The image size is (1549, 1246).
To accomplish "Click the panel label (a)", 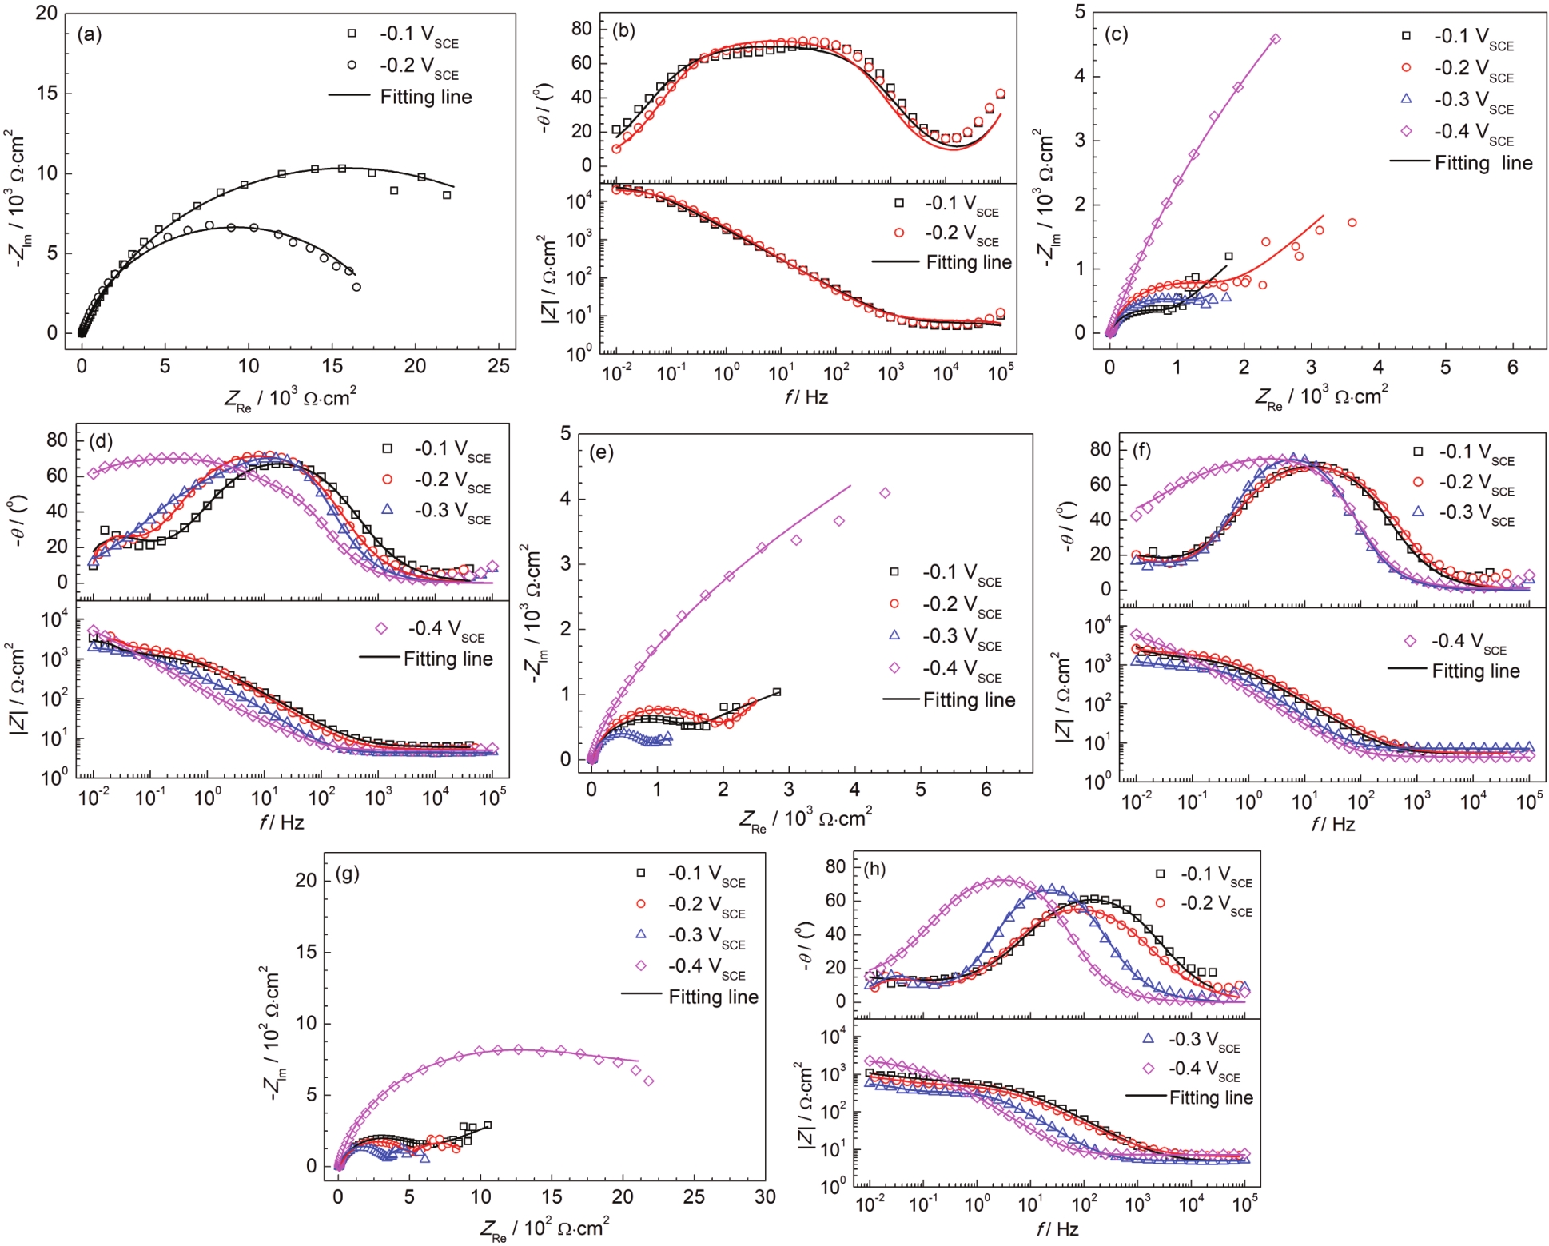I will coord(90,34).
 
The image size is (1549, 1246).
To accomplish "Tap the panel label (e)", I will coord(601,452).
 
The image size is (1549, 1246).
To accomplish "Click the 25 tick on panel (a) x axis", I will coord(499,366).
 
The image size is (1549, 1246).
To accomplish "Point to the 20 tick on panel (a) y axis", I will coord(46,14).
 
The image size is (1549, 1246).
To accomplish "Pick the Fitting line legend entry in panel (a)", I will coord(400,97).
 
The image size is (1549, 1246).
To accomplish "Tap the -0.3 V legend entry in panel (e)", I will coord(947,637).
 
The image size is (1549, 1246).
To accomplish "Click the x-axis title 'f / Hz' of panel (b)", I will coord(806,396).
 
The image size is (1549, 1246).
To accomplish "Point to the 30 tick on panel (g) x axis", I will coord(765,1196).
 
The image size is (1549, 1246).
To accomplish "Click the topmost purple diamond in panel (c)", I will coord(1276,38).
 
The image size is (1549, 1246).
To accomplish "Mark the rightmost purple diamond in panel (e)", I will coord(885,493).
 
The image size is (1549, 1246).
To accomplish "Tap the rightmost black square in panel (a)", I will coord(447,195).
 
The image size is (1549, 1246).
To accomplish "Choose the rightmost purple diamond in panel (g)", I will coord(649,1081).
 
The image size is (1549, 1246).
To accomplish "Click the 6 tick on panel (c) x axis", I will coord(1512,367).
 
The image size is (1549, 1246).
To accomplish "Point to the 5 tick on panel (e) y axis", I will coord(566,434).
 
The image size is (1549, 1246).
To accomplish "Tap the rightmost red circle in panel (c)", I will coord(1352,222).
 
